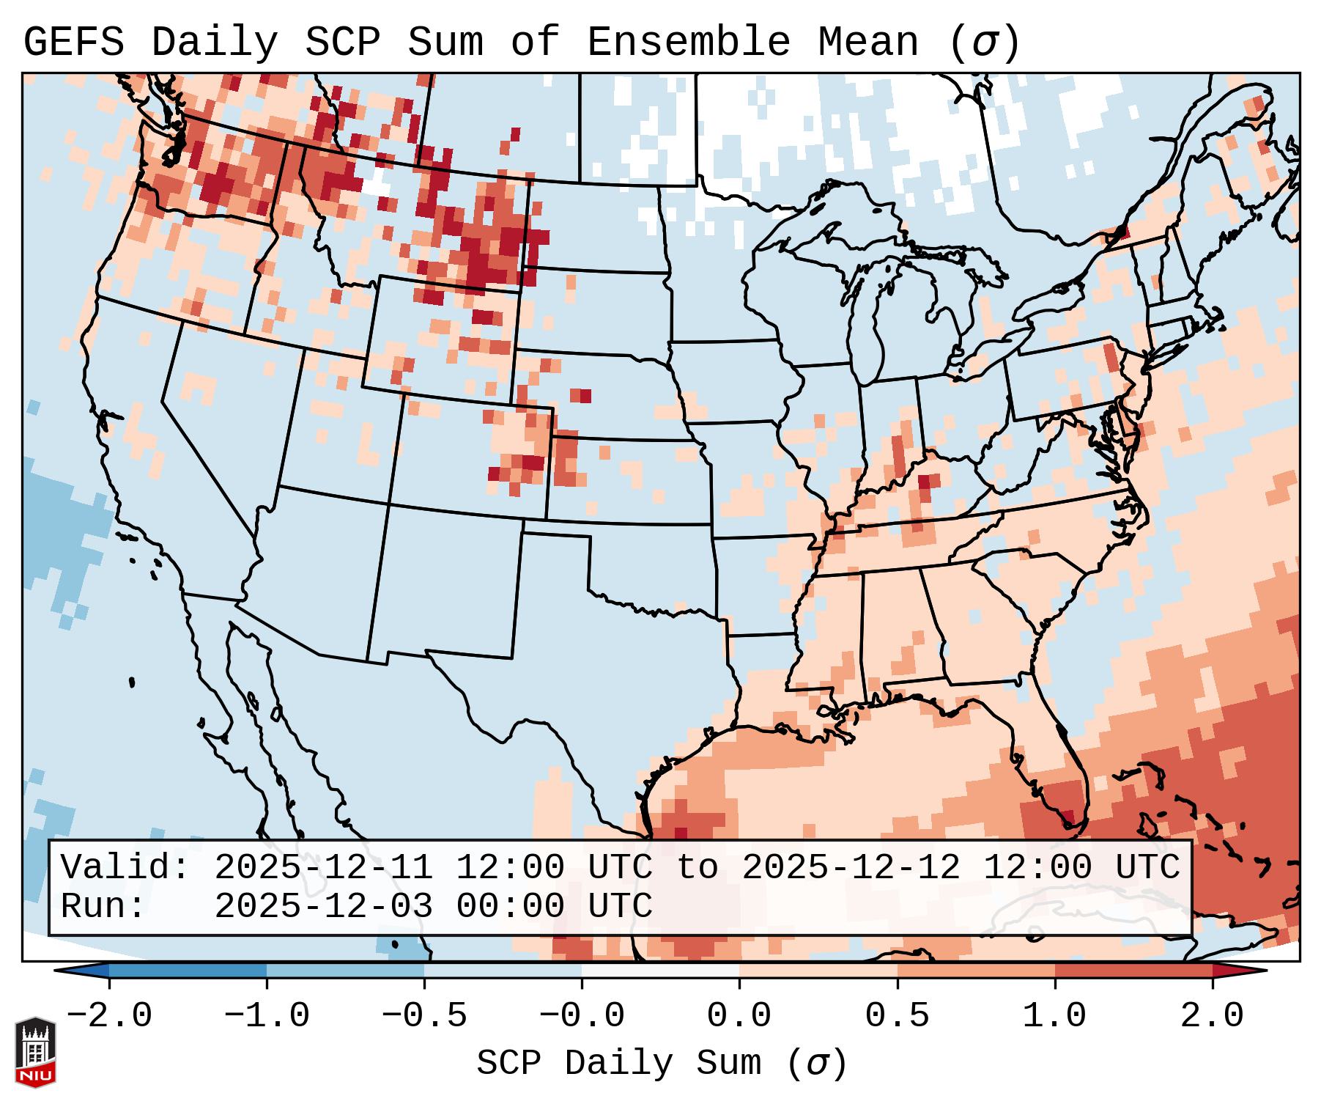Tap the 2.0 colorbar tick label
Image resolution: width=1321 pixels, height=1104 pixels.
[1212, 1016]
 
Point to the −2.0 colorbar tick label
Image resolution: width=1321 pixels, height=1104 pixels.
[109, 1016]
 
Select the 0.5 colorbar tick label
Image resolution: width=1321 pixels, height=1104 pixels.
[897, 1016]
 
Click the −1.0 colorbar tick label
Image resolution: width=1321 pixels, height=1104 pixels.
[267, 1016]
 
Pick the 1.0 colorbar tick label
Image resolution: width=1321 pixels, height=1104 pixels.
[1054, 1016]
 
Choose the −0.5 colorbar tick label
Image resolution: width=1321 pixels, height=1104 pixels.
[424, 1016]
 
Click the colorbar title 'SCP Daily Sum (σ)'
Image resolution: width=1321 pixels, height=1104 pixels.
[662, 1064]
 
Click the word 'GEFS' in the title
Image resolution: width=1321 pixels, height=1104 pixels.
[73, 43]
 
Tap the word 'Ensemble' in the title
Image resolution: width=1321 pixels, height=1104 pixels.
[689, 43]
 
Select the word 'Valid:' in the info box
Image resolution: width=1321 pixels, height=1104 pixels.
[125, 868]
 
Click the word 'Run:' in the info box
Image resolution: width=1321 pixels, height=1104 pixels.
[103, 906]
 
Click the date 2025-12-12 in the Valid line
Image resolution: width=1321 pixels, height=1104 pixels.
[851, 868]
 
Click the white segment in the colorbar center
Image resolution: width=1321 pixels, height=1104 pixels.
[660, 971]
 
